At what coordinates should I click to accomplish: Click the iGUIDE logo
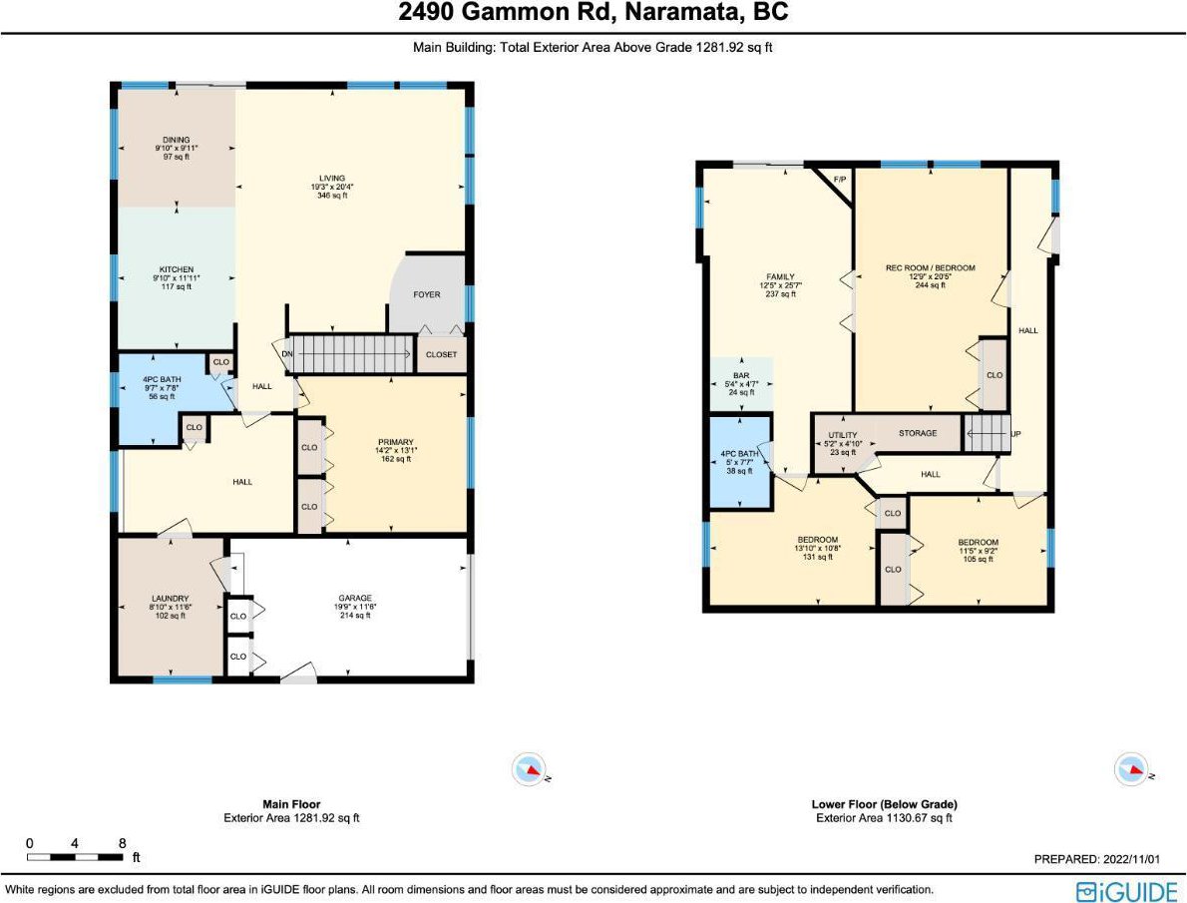[1126, 890]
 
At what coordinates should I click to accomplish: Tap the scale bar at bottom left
[75, 857]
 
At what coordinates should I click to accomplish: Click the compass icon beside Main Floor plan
[529, 769]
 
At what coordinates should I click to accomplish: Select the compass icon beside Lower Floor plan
[1132, 769]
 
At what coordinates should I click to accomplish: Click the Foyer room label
[426, 294]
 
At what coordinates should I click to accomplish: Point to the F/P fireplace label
[840, 180]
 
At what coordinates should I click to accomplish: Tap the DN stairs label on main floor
[287, 354]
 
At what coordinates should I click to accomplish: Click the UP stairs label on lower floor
[1015, 434]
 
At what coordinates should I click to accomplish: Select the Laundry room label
[170, 599]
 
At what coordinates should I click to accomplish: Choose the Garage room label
[355, 599]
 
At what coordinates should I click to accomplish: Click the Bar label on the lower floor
[741, 376]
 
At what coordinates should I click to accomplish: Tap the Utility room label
[843, 436]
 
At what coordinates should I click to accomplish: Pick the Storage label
[918, 433]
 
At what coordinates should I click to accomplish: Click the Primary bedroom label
[396, 442]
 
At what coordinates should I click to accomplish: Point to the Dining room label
[177, 140]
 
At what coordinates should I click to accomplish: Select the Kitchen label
[177, 269]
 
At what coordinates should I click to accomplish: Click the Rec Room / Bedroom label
[931, 268]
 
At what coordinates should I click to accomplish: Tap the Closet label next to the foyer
[441, 354]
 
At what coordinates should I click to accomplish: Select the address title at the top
[593, 12]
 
